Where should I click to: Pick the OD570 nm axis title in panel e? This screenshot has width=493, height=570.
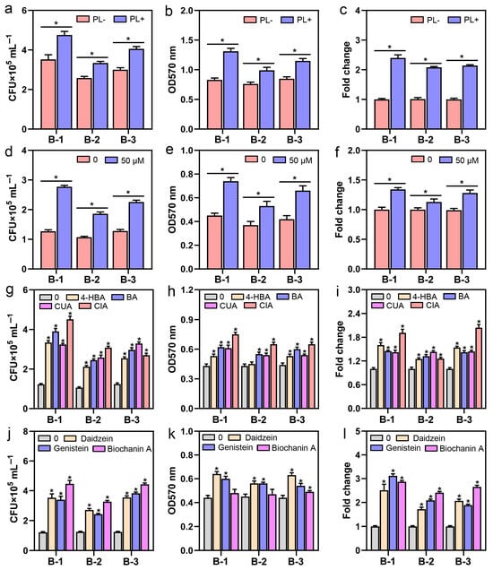click(173, 202)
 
